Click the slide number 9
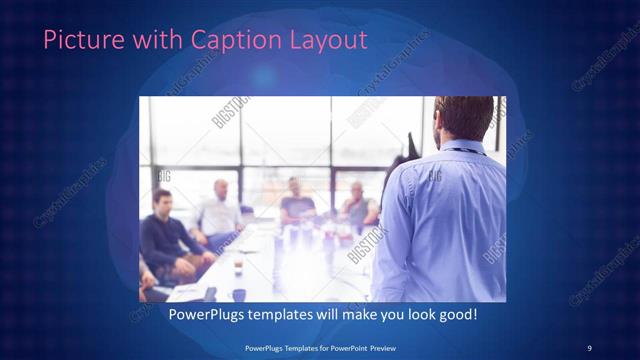point(590,347)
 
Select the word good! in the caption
point(456,315)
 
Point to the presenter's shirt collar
point(463,147)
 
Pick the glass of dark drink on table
point(238,267)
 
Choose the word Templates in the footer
point(286,347)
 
